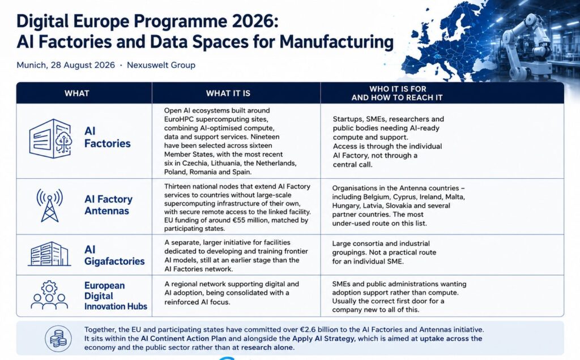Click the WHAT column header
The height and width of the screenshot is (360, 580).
[x=76, y=93]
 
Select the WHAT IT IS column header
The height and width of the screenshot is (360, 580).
[x=228, y=93]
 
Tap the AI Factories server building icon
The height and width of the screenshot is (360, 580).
[x=50, y=139]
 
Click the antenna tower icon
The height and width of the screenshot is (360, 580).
[x=50, y=205]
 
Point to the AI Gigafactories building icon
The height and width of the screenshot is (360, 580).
[x=49, y=254]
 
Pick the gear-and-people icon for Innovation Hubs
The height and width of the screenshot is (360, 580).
[x=49, y=294]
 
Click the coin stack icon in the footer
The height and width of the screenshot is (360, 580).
[x=58, y=338]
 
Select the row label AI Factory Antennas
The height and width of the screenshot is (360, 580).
[x=108, y=205]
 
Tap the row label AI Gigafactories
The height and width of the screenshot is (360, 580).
[x=114, y=255]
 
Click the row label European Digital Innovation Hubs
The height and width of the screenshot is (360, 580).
[x=116, y=295]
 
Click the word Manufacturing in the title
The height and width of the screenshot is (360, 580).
[x=336, y=42]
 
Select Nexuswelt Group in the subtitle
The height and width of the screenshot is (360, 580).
[x=161, y=65]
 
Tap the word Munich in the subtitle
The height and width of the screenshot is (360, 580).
[x=31, y=65]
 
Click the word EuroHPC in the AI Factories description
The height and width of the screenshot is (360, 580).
[x=179, y=119]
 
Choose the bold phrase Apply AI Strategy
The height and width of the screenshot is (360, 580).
[x=323, y=338]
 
